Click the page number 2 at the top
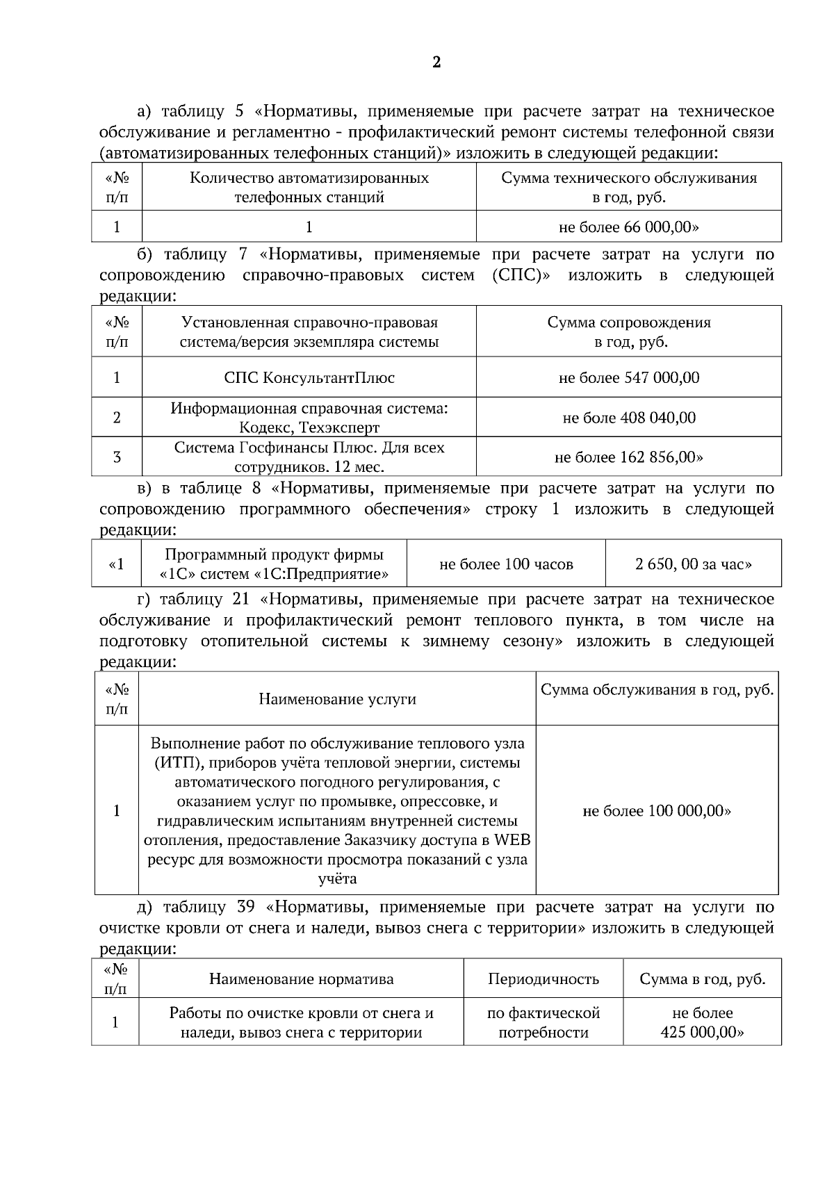click(x=436, y=63)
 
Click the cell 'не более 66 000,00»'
click(x=629, y=227)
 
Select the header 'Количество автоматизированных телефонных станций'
click(x=309, y=188)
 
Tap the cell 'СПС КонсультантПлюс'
click(x=309, y=378)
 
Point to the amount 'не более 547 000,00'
click(x=629, y=378)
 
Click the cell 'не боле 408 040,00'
click(x=629, y=418)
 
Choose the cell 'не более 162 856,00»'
click(x=629, y=457)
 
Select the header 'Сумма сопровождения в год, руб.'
click(x=629, y=332)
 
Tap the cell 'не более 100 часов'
click(x=506, y=564)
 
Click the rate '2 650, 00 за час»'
click(x=693, y=564)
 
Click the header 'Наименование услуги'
click(x=337, y=699)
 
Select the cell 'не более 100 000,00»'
click(x=657, y=811)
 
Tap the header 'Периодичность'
click(x=543, y=979)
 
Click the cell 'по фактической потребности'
click(x=543, y=1022)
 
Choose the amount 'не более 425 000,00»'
click(x=702, y=1022)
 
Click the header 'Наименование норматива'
click(x=301, y=979)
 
